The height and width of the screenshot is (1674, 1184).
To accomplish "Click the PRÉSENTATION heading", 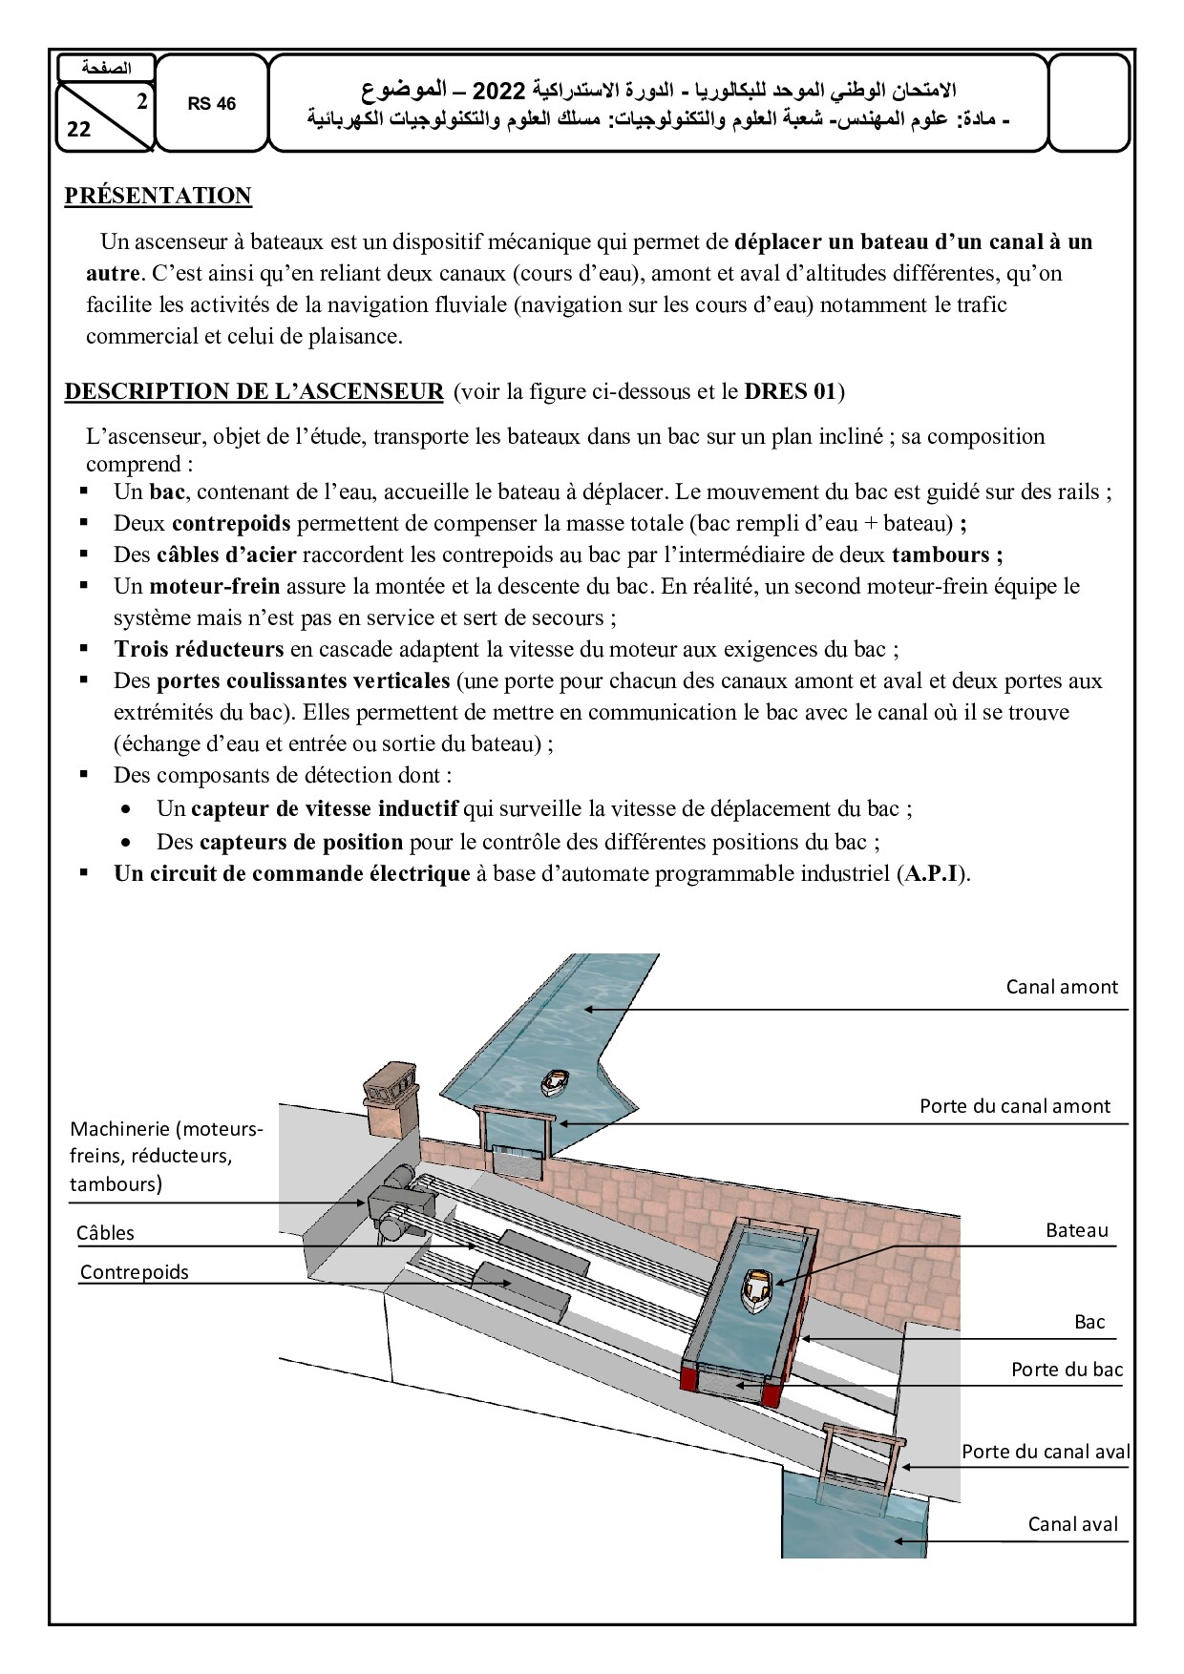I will [x=158, y=196].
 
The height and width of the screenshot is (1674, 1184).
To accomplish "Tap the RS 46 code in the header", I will [x=211, y=104].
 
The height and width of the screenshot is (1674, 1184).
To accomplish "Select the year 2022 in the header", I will [x=499, y=92].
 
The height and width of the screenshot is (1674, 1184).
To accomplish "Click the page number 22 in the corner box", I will [x=79, y=130].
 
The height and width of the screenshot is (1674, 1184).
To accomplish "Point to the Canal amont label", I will [x=1061, y=987].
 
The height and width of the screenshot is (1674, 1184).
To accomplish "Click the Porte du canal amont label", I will [x=1014, y=1106].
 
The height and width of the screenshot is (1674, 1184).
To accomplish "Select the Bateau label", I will [x=1076, y=1230].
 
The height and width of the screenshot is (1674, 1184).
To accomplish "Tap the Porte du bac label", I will [x=1067, y=1370].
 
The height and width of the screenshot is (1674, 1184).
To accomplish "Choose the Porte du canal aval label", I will [x=1045, y=1452].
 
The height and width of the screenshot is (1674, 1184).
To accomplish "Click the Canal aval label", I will [x=1071, y=1524].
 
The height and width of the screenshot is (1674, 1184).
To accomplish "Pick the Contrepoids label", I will [x=135, y=1272].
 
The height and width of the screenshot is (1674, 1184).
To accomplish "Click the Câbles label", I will [x=105, y=1233].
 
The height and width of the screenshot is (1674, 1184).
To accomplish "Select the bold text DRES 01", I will [x=790, y=391].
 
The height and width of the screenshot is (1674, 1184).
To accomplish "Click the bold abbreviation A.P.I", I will [x=931, y=873].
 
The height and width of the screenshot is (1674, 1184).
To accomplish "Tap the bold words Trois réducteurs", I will [x=199, y=649].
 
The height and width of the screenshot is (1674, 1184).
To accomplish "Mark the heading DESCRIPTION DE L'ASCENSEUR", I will [x=254, y=391].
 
